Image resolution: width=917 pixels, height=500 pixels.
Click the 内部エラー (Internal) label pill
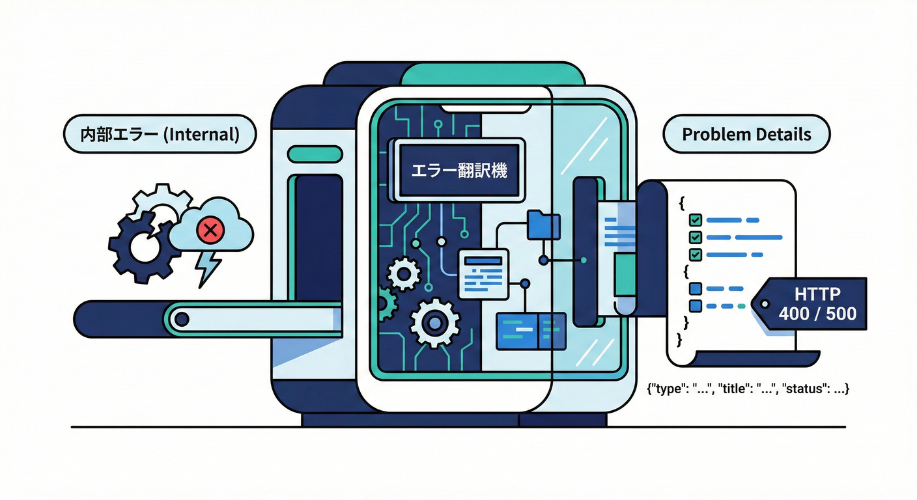pos(160,135)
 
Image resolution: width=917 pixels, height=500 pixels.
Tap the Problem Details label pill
pos(746,135)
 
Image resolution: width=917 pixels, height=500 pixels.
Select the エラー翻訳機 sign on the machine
pos(459,171)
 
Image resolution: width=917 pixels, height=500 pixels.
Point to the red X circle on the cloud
pos(210,229)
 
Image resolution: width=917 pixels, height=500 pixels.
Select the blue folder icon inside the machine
pos(544,225)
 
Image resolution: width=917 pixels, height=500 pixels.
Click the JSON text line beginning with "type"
pos(748,389)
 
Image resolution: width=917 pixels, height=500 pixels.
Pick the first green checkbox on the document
pos(695,220)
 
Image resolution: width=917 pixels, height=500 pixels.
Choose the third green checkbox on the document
pos(695,254)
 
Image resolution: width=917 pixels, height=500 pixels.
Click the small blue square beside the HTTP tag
pos(695,305)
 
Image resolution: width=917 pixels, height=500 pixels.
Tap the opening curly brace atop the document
pos(682,202)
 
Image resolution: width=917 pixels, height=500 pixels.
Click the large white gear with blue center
pos(435,322)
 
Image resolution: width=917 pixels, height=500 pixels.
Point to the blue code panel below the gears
pos(531,330)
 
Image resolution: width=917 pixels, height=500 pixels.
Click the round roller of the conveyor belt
pos(182,319)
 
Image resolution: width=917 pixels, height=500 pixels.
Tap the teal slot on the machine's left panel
pos(315,154)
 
